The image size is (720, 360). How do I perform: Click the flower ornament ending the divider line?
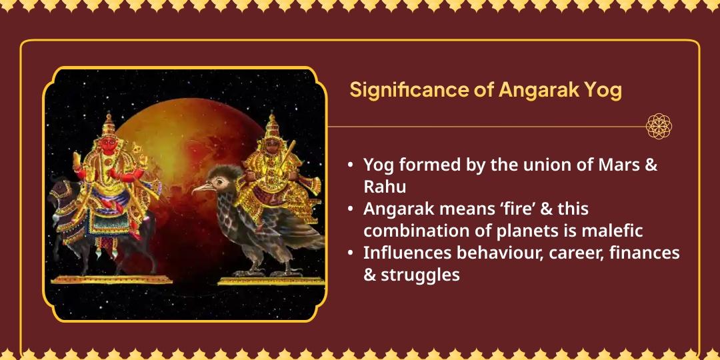tap(659, 126)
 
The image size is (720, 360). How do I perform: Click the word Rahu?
tap(385, 186)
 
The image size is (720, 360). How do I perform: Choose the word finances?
tap(644, 253)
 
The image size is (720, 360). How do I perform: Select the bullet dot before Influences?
tap(350, 253)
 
